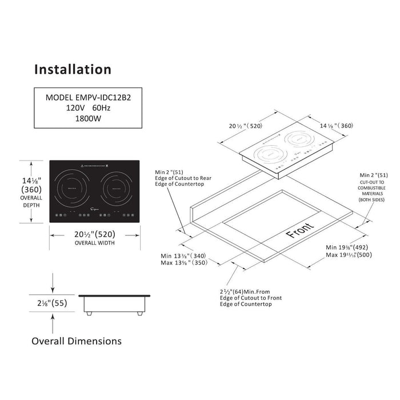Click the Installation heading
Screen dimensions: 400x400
click(73, 69)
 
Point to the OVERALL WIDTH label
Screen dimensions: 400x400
click(95, 243)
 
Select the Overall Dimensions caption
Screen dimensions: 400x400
click(76, 341)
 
